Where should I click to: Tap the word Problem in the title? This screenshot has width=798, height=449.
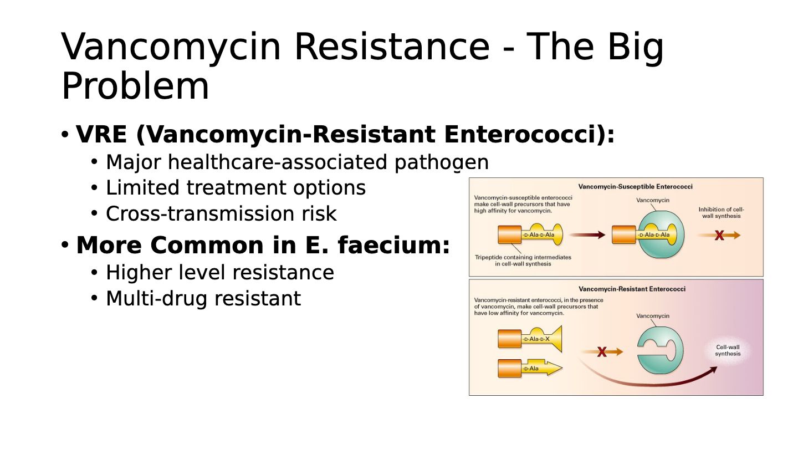pos(135,86)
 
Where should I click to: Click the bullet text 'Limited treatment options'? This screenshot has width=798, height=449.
pos(236,188)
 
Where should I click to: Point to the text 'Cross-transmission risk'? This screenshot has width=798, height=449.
pos(221,214)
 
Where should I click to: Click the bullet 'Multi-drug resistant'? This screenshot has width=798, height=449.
pos(203,299)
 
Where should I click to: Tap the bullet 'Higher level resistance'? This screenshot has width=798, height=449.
pos(220,273)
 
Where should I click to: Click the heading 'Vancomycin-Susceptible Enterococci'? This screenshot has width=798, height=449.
pos(635,187)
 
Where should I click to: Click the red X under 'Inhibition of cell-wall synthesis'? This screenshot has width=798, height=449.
pos(719,236)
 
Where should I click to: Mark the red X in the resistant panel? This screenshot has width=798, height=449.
pos(602,352)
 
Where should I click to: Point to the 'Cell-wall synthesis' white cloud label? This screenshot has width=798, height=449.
pos(728,351)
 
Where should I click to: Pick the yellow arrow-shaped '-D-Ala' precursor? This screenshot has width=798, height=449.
pos(540,368)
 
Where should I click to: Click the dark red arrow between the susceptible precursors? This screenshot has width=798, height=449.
pos(587,235)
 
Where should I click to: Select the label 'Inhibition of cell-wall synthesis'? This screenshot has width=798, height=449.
pos(721,212)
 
